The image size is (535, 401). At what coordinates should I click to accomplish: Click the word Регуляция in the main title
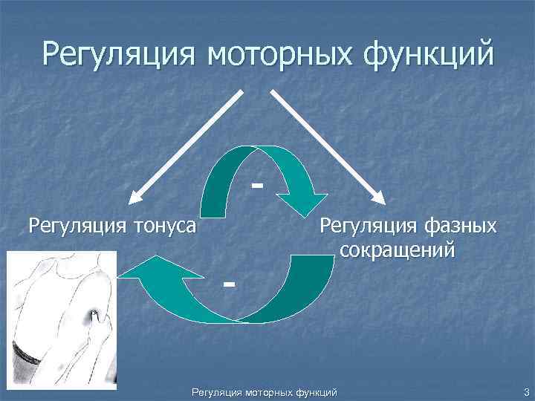(119, 56)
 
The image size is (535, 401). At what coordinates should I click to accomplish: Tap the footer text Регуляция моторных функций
(265, 391)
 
